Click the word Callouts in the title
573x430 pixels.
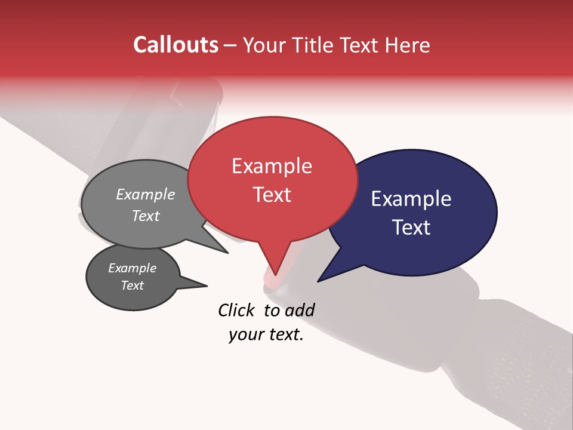[176, 45]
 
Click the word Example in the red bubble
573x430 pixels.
[272, 166]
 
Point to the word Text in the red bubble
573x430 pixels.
[272, 194]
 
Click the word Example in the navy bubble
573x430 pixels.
[411, 199]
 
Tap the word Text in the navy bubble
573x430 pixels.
[412, 227]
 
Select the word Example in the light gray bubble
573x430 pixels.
[146, 194]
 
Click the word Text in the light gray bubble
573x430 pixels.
[146, 216]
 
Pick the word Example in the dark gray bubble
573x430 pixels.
[132, 268]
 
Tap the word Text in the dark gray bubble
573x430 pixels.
[132, 285]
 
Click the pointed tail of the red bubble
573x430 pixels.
[276, 269]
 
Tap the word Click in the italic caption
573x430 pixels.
[236, 310]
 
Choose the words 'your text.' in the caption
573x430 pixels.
[266, 335]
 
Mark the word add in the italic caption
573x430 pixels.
[299, 310]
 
